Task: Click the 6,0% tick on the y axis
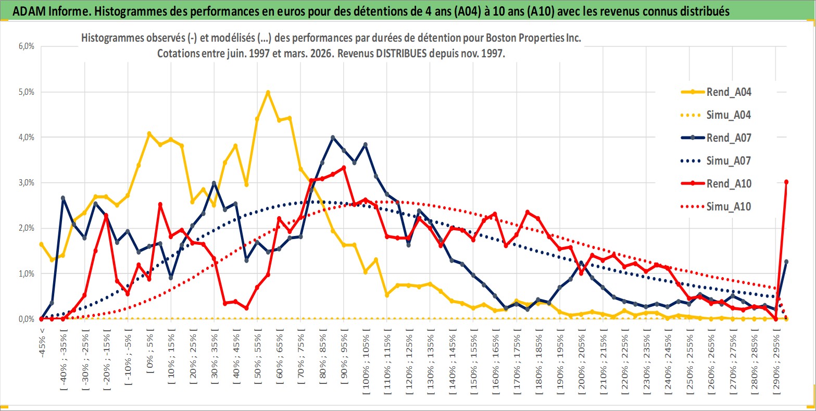pyautogui.click(x=26, y=46)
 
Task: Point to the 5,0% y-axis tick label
pyautogui.click(x=26, y=92)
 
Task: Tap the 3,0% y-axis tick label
pyautogui.click(x=26, y=183)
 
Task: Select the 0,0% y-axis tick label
pyautogui.click(x=26, y=319)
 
